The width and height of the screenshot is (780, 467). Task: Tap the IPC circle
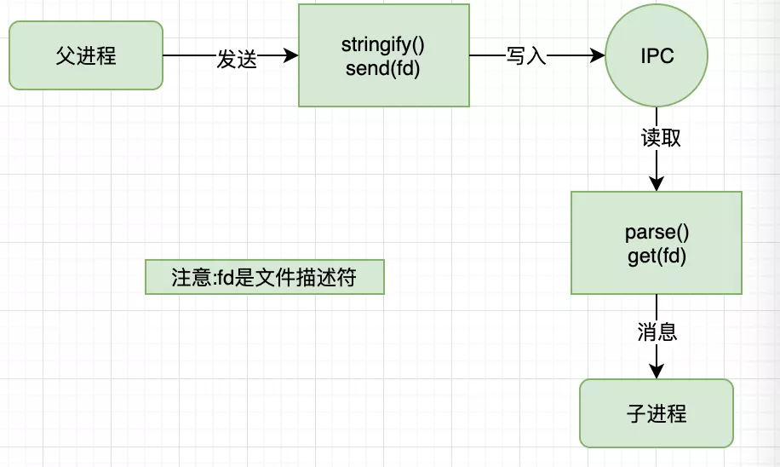656,56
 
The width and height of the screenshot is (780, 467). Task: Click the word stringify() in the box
383,45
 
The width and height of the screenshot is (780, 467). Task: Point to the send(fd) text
383,69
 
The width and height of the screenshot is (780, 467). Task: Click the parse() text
656,233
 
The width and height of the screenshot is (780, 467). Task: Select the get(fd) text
656,256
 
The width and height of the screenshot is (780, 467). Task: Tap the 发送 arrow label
237,58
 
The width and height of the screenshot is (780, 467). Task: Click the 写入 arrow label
525,57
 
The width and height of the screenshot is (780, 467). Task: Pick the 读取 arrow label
661,138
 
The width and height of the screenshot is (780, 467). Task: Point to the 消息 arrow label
657,332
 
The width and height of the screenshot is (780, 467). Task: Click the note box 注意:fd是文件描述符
264,278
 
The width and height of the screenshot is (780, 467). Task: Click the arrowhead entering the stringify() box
291,56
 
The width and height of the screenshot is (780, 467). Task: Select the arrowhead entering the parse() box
656,183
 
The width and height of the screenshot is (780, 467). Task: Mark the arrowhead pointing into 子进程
656,371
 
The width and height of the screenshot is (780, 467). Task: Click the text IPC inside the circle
657,56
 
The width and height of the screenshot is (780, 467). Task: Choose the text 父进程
85,56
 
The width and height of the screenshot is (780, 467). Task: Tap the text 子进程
656,414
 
